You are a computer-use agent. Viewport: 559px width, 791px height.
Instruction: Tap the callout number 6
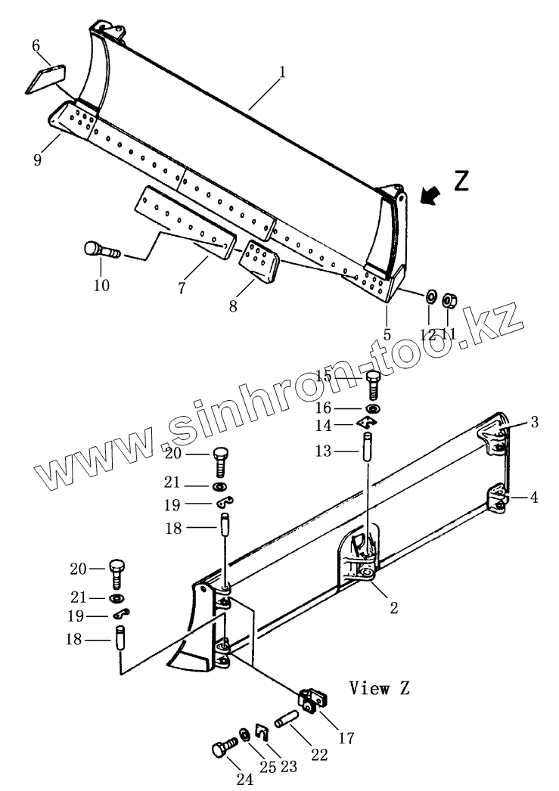[x=36, y=46]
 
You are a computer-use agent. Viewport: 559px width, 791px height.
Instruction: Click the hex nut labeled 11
[x=447, y=300]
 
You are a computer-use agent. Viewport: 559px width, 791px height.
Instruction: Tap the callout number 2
[x=393, y=607]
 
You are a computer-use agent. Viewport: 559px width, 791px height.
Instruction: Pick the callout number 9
[x=37, y=160]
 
